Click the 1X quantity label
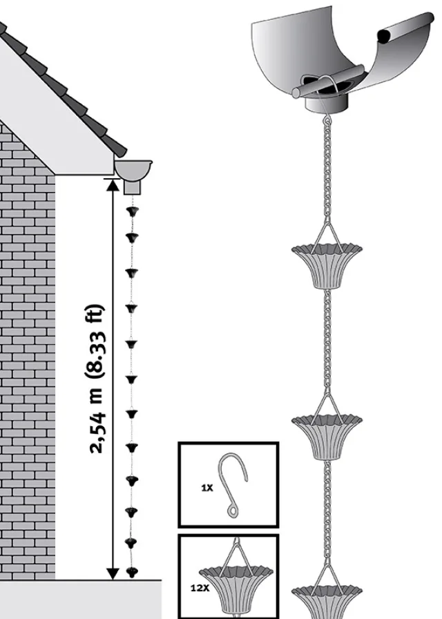[207, 488]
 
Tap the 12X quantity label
[200, 588]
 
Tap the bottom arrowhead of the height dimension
[113, 573]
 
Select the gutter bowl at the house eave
[133, 169]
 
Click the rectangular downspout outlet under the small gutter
[133, 187]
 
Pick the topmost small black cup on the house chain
[132, 211]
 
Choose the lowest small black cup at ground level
[132, 571]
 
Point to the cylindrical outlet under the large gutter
[327, 104]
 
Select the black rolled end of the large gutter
[385, 35]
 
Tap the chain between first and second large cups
[327, 339]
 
